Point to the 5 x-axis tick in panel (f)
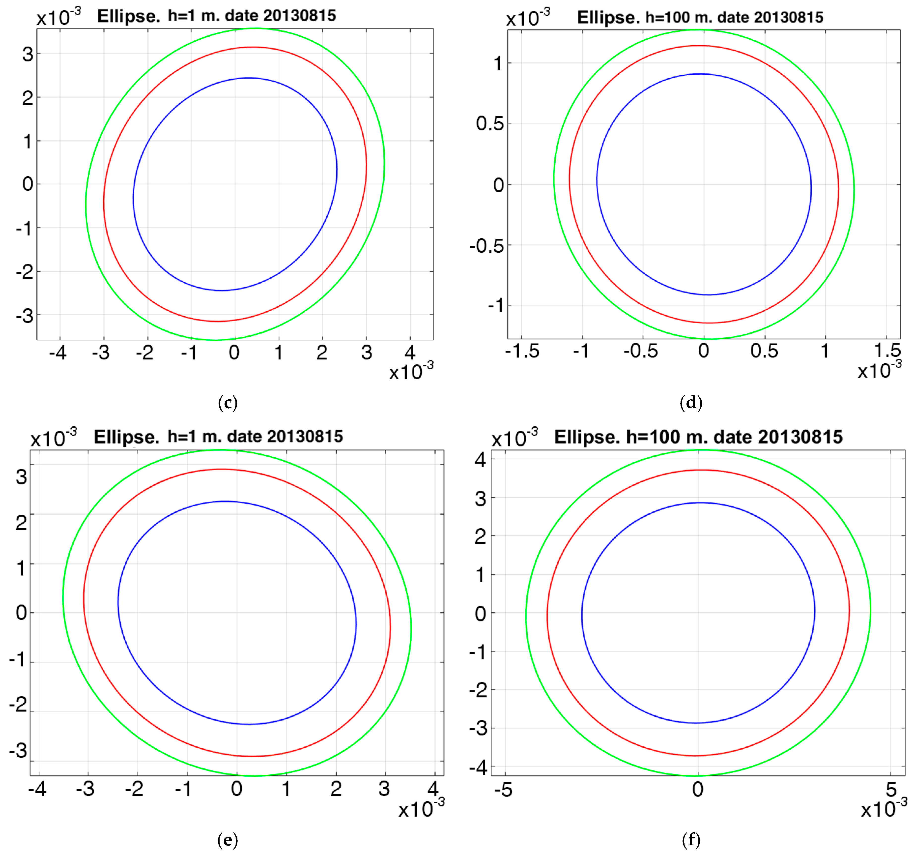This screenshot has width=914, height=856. [x=891, y=789]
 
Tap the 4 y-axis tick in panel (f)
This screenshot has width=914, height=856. [x=481, y=460]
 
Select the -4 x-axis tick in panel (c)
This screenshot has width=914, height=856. [x=58, y=353]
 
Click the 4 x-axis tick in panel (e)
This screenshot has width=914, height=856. [x=433, y=789]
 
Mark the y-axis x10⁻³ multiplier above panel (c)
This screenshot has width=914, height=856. [x=58, y=18]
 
